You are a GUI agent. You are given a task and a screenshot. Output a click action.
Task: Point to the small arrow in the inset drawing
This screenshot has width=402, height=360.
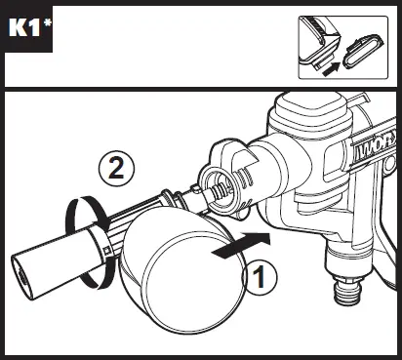point(333,66)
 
